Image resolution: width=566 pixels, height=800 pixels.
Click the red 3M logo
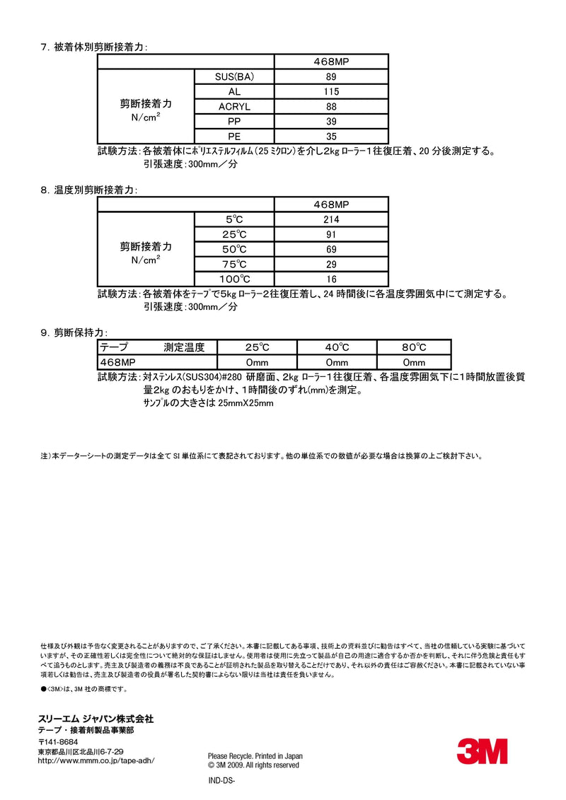tap(482, 750)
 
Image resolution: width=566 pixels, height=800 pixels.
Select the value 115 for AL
tap(331, 92)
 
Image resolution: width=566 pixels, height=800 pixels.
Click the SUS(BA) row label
tap(234, 77)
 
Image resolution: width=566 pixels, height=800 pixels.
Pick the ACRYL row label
tap(234, 107)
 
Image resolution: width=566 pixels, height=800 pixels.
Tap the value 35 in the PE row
tap(331, 137)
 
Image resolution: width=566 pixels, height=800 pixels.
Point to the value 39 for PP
tap(331, 122)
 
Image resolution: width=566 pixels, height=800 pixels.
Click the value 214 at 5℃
tap(331, 219)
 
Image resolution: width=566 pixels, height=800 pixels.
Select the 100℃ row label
tap(234, 279)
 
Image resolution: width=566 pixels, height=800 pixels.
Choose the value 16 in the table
tap(331, 279)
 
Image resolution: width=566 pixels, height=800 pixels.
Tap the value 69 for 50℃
tap(331, 249)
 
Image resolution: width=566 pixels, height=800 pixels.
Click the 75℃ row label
tap(234, 264)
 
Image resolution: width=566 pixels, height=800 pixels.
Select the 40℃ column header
tap(337, 347)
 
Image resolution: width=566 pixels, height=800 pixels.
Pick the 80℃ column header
tap(414, 347)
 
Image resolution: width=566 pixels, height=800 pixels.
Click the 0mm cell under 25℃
tap(258, 362)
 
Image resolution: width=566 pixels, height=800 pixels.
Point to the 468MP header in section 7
tap(331, 62)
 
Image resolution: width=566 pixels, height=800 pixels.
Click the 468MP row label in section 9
tap(117, 362)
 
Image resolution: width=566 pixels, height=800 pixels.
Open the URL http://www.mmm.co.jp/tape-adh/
tap(96, 760)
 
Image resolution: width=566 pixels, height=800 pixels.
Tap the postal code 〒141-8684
tap(57, 742)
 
